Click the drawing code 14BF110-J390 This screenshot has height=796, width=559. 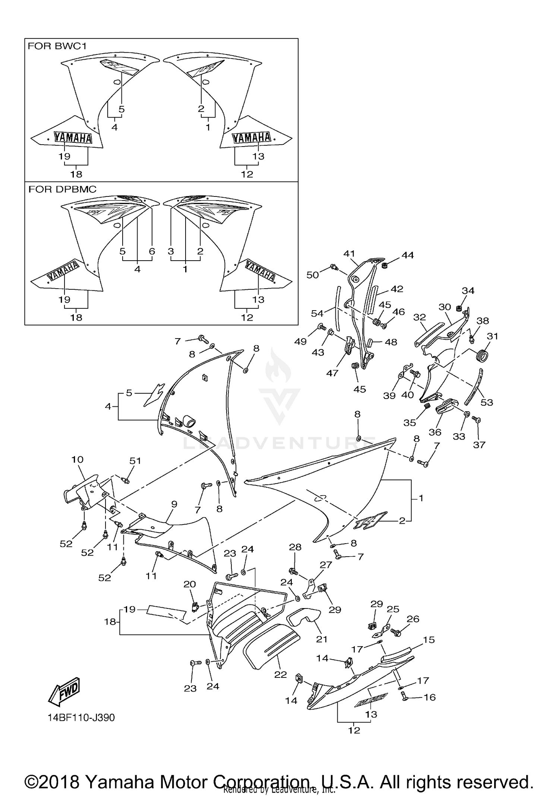(81, 717)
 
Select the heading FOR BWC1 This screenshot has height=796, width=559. (57, 46)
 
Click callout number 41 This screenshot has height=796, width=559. (349, 254)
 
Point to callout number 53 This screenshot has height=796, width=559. (487, 402)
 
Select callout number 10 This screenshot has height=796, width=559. (78, 459)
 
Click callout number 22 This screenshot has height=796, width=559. (281, 674)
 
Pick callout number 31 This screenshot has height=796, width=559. (492, 336)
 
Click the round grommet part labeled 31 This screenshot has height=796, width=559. (483, 356)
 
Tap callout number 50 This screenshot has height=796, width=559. (313, 275)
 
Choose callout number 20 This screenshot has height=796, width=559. (190, 584)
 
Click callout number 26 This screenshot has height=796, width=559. (413, 619)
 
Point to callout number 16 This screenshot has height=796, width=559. (430, 697)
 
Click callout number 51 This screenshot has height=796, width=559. (135, 461)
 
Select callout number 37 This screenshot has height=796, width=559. (479, 444)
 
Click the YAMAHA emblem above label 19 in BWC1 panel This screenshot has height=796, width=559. (73, 138)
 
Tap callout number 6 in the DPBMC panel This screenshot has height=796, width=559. (152, 251)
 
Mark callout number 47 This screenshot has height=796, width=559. (332, 373)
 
